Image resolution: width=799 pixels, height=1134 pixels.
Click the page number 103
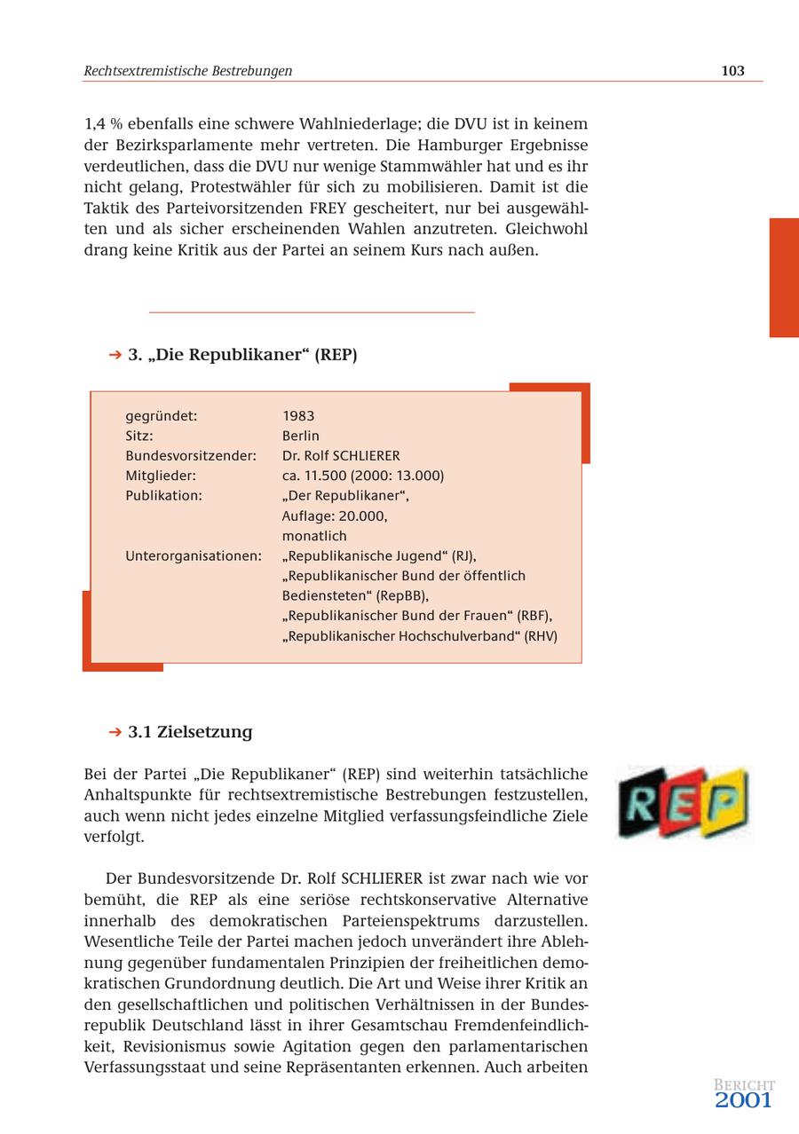(732, 71)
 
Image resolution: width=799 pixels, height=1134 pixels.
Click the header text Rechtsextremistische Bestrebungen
(188, 71)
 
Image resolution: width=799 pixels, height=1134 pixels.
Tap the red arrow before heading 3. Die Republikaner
(115, 355)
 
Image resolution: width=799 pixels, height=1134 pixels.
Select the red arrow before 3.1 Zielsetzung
(115, 732)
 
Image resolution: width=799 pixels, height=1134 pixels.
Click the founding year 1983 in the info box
(298, 416)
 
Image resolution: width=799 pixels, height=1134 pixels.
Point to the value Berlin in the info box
(301, 436)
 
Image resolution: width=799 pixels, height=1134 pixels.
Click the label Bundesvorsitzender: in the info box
(191, 456)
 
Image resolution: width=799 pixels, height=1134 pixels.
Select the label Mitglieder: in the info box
(161, 476)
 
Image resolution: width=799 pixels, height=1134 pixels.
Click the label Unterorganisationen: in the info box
(194, 556)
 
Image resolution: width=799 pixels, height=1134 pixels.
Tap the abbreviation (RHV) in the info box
(541, 636)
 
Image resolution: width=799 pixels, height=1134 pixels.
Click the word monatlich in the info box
(314, 536)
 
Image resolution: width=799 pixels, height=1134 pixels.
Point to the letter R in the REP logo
(644, 803)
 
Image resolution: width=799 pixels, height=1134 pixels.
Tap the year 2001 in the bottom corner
(743, 1101)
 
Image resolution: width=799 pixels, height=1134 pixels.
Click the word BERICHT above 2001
(744, 1085)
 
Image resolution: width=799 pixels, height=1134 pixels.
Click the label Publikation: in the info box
(163, 496)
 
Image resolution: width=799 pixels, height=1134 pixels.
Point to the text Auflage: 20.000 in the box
(334, 516)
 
